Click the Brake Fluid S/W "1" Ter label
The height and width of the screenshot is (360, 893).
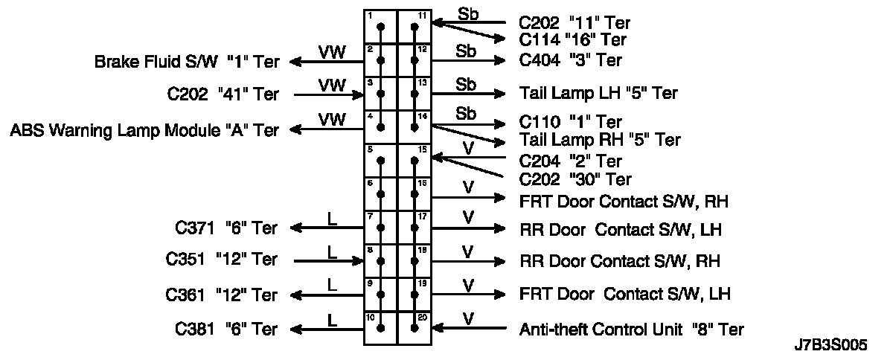187,62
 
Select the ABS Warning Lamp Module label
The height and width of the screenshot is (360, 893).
144,131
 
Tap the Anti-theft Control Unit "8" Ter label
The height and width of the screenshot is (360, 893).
631,329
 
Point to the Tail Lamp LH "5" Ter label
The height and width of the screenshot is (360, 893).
598,93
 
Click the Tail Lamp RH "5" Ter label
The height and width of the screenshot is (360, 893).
600,140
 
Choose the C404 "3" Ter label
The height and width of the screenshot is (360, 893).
570,60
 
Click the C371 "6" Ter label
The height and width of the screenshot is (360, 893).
226,228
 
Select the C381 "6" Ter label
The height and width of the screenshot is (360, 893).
226,329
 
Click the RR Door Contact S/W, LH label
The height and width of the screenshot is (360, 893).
621,229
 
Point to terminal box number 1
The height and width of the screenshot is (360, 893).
381,28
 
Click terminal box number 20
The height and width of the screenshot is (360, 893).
415,327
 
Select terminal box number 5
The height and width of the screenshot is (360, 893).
381,161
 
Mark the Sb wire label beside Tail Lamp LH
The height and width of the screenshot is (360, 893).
466,83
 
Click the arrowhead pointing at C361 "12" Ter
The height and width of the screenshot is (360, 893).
296,295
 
